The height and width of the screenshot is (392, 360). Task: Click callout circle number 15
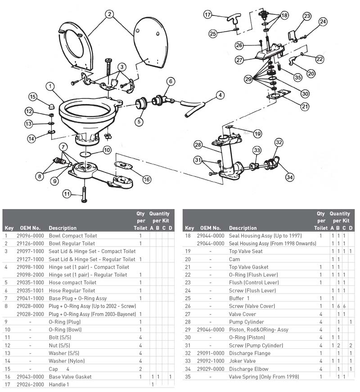tap(33, 97)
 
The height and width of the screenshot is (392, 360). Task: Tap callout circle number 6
tap(171, 81)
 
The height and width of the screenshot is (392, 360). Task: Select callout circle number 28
tap(198, 145)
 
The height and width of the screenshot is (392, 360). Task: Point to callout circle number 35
tap(298, 77)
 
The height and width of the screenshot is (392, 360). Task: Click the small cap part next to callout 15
tap(52, 106)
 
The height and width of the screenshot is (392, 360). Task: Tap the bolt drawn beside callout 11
tap(84, 195)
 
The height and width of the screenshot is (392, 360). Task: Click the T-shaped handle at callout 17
tap(234, 19)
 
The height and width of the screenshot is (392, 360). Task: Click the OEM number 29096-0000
tap(30, 236)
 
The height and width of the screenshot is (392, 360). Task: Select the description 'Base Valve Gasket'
tap(70, 377)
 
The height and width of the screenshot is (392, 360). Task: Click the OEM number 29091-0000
tap(211, 353)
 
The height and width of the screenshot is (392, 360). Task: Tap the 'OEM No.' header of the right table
tap(211, 228)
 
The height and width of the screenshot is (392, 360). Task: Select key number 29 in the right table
tap(188, 330)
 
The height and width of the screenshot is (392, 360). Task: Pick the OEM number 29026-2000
tap(30, 384)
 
